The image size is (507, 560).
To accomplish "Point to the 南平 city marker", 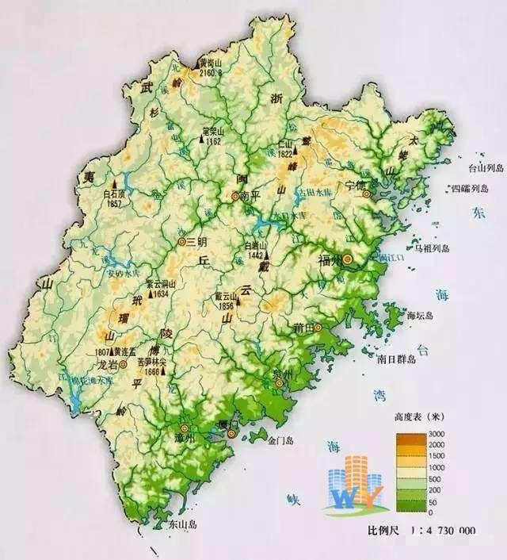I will pos(234,195).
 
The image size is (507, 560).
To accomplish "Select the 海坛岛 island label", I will pos(420,315).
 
